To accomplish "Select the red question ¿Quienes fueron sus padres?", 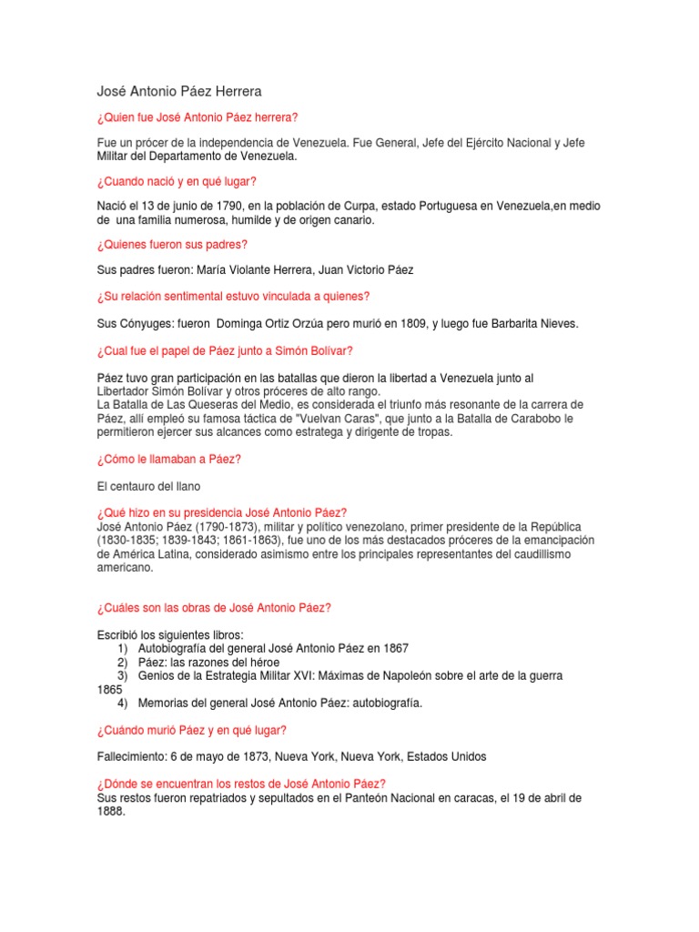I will click(x=172, y=245).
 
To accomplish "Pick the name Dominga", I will click(x=240, y=324).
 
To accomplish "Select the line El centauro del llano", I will click(x=148, y=486).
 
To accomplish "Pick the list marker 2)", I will click(x=122, y=662).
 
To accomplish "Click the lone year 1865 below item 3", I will click(x=110, y=689).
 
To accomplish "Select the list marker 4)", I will click(x=122, y=703).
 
